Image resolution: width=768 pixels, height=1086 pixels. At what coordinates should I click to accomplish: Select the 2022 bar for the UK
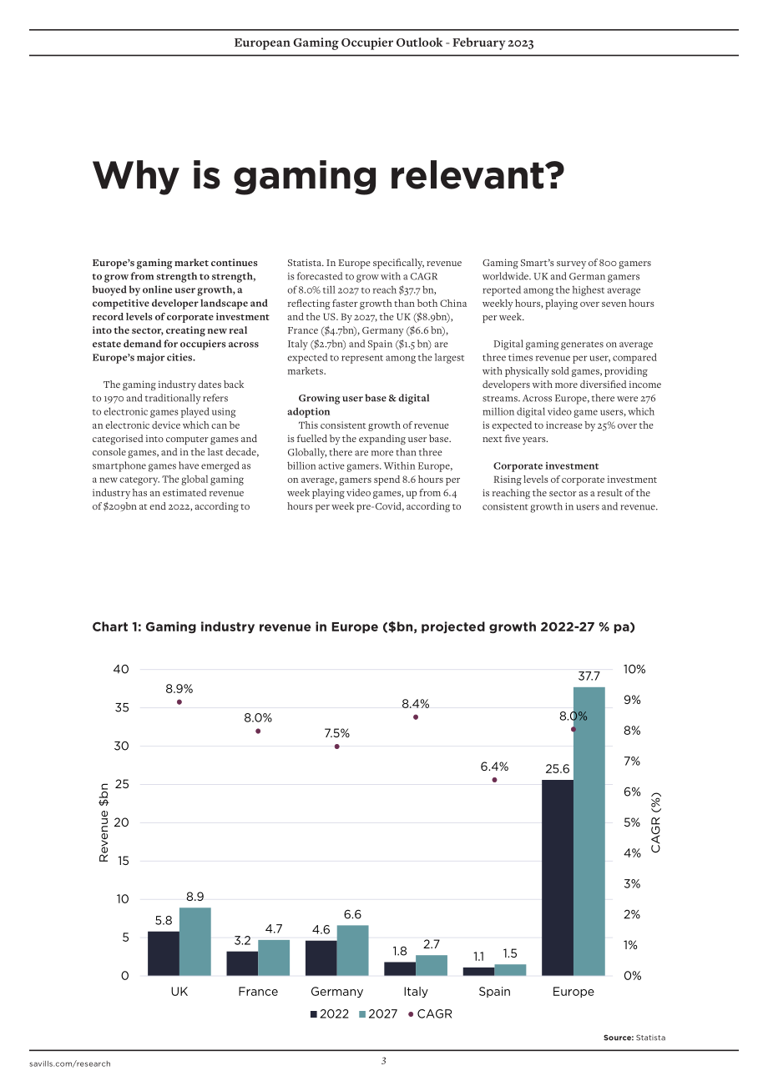point(164,953)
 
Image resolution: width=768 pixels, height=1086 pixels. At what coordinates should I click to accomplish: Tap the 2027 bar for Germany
point(353,950)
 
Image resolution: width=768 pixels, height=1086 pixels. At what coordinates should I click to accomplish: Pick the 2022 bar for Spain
point(479,971)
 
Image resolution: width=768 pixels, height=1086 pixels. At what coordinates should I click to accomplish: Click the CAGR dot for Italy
point(416,717)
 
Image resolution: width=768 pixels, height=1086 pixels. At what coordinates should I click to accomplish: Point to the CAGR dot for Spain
point(494,780)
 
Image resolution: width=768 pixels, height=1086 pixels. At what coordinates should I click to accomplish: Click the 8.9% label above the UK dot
point(179,688)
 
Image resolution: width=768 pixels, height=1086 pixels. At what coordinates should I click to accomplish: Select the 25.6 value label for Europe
point(558,769)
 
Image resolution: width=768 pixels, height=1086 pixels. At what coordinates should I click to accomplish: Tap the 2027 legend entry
point(378,1013)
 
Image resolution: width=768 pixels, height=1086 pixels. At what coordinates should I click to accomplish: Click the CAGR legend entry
point(431,1013)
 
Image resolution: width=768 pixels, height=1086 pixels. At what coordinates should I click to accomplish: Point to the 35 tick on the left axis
point(121,707)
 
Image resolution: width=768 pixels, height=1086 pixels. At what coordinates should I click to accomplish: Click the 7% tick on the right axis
point(632,762)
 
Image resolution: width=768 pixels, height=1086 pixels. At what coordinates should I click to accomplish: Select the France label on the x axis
point(258,992)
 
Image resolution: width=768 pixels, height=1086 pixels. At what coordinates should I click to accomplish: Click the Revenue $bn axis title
point(104,822)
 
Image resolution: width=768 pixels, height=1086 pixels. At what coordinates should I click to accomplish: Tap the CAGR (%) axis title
point(655,822)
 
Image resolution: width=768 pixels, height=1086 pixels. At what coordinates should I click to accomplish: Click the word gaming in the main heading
point(305,177)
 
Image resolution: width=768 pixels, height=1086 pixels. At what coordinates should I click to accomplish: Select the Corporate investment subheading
point(546,466)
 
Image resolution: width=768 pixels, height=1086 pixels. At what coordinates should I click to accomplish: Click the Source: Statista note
point(634,1038)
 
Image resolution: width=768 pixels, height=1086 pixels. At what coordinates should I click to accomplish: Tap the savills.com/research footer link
point(70,1063)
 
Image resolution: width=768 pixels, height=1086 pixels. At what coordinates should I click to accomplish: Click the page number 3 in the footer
point(384,1061)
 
